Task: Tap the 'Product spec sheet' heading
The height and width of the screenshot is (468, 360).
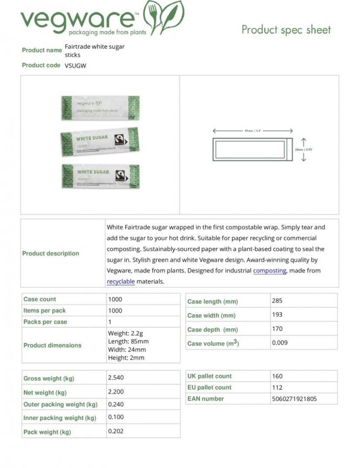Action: coord(286,30)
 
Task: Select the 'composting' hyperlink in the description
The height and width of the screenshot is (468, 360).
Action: coord(269,271)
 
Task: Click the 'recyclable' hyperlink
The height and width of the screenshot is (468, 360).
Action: coord(121,282)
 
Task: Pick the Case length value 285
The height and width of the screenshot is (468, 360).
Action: coord(277,301)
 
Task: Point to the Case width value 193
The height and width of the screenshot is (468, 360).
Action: coord(277,314)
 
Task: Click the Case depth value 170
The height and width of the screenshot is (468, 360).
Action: coord(277,329)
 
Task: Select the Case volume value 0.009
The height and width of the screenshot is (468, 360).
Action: coord(280,343)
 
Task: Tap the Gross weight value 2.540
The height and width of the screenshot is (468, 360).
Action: coord(116,378)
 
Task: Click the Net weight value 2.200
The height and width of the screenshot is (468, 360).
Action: coord(116,392)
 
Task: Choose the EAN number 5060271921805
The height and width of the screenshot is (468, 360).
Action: coord(294,399)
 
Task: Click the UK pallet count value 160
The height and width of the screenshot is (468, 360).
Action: coord(277,376)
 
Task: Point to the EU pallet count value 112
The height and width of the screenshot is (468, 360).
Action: coord(277,387)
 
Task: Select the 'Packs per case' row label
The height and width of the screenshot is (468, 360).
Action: coord(45,322)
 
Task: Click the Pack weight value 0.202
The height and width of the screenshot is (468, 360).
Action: coord(116,431)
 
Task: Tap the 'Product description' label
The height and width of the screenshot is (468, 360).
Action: coord(51,253)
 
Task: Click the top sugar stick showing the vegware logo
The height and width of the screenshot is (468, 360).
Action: coord(100,107)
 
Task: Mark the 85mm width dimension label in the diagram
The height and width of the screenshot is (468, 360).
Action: coord(253,130)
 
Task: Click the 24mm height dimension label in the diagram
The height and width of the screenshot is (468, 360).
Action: coord(304,150)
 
